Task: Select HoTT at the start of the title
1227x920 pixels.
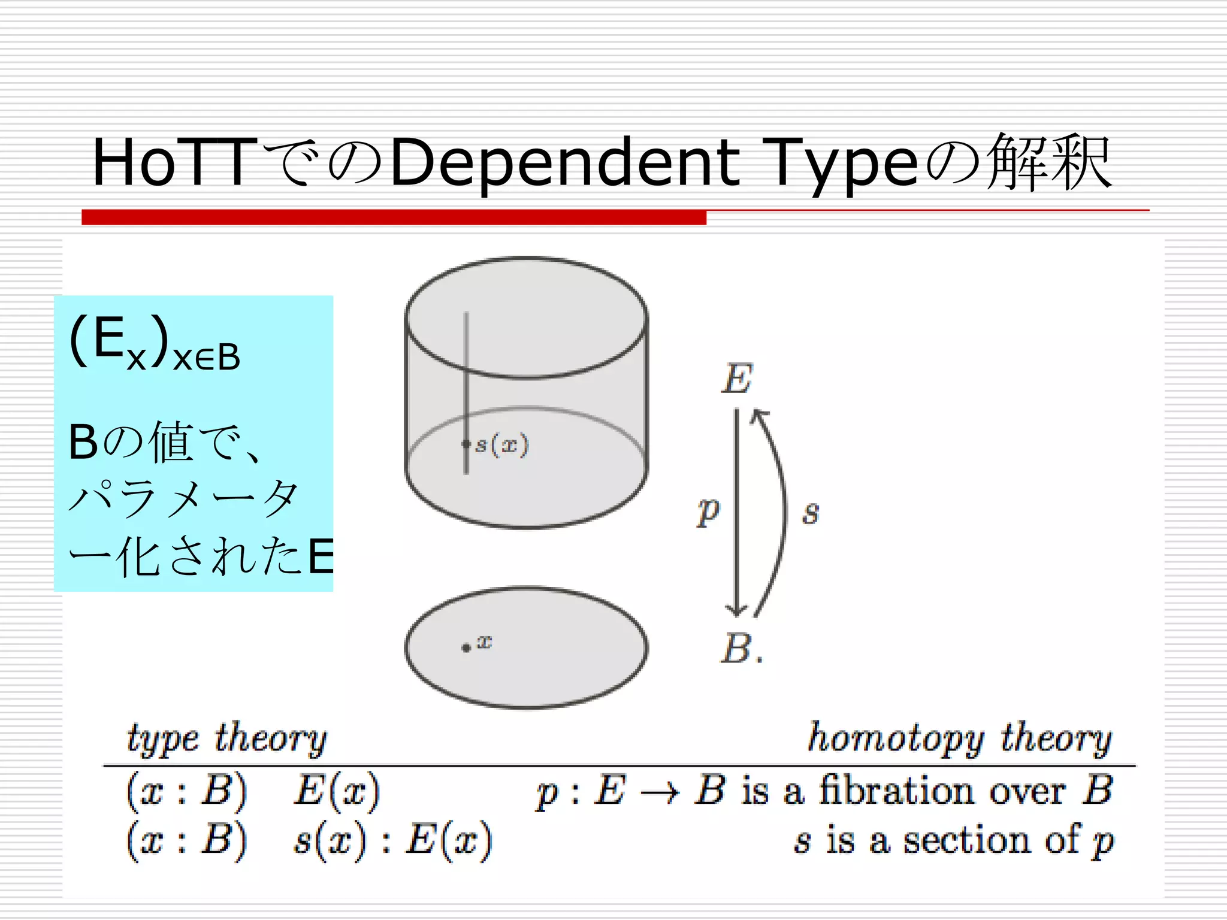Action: pos(174,162)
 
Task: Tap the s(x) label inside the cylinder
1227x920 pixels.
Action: pos(501,445)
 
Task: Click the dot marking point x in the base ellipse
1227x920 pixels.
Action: pos(466,647)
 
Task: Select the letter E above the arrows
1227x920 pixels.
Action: pos(737,379)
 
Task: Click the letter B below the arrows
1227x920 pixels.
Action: pos(736,649)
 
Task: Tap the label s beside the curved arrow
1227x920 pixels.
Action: pos(811,513)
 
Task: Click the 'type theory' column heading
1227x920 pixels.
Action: pos(226,738)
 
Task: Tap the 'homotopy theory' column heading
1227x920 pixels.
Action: pos(959,738)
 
